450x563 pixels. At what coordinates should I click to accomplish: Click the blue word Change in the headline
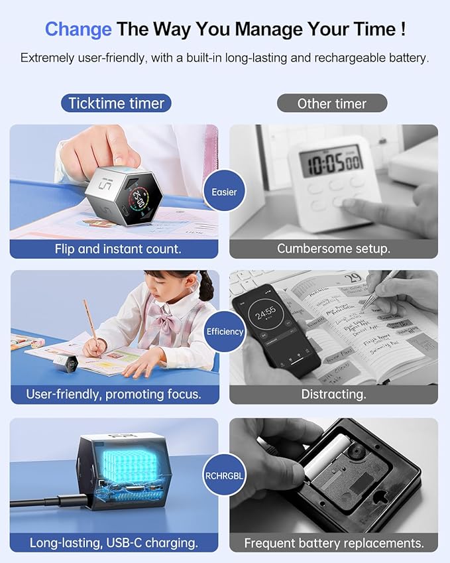[x=78, y=29]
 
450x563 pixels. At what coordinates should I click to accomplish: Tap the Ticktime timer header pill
[x=117, y=103]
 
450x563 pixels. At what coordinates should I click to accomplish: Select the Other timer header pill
[x=331, y=103]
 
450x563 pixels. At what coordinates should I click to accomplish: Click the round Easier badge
[x=225, y=192]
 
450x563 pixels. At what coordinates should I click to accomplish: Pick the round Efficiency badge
[x=225, y=331]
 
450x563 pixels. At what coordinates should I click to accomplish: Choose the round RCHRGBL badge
[x=225, y=475]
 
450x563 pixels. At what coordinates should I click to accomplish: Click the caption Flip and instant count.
[x=114, y=249]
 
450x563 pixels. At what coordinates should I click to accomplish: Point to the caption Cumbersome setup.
[x=333, y=249]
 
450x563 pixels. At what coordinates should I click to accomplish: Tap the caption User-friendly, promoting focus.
[x=114, y=395]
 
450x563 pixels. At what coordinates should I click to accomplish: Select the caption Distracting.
[x=333, y=395]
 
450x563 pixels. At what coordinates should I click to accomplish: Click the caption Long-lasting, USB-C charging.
[x=114, y=542]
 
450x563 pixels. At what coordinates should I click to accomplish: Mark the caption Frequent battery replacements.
[x=333, y=542]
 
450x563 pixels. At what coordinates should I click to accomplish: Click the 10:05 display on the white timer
[x=331, y=162]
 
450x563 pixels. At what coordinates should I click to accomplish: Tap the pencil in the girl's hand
[x=89, y=318]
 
